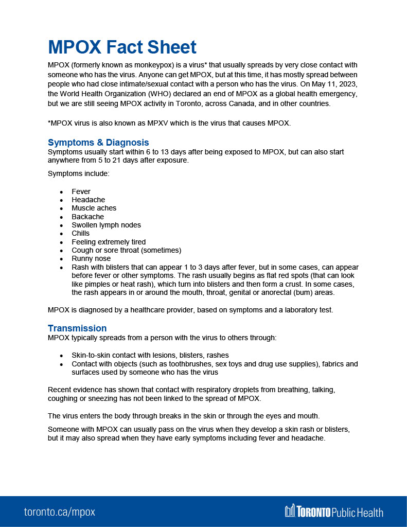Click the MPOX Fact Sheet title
tap(122, 47)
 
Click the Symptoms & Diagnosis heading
tap(98, 143)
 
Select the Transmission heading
tap(77, 328)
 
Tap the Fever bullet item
tap(81, 191)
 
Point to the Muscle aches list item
tap(94, 208)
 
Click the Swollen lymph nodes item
tap(106, 225)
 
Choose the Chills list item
tap(80, 233)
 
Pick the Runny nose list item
tap(91, 258)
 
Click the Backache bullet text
tap(87, 217)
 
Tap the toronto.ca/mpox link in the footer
tap(60, 512)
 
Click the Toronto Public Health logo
tap(334, 512)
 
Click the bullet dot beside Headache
tap(61, 200)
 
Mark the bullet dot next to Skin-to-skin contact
tap(61, 356)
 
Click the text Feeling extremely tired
tap(109, 242)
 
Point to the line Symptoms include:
tap(78, 173)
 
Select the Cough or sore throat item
tap(126, 250)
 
